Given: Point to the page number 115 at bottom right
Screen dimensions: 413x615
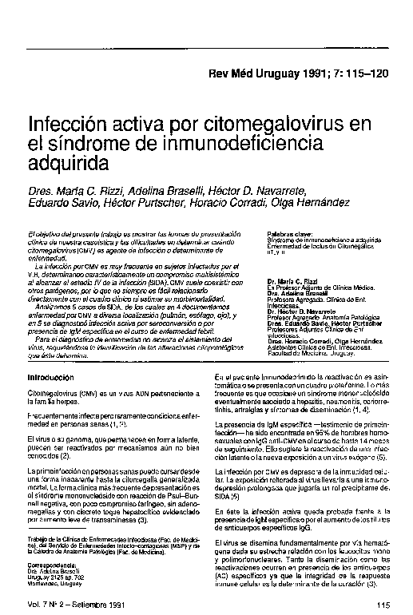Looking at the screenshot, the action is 380,605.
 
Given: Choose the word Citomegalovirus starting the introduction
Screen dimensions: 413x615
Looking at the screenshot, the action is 54,394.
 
